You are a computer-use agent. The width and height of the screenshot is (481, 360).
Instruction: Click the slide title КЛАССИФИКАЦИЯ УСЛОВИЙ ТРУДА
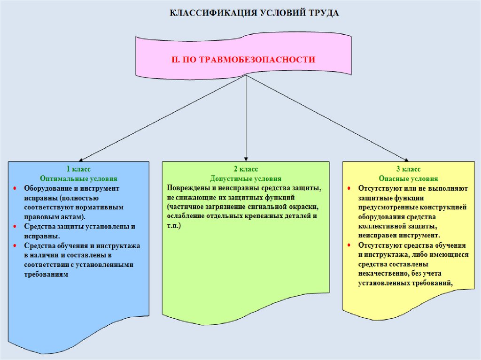254,12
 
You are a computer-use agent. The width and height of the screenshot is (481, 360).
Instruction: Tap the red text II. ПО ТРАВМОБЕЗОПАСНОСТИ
242,60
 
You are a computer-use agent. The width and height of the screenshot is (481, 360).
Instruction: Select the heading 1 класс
78,169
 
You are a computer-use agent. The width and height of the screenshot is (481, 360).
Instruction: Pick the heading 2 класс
245,169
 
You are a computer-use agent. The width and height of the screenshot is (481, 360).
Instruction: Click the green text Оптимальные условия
78,179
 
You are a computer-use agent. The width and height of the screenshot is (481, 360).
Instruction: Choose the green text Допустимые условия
245,179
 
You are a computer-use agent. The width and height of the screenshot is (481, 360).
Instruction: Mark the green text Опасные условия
408,179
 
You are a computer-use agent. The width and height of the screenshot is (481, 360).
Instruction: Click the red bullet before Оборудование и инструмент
15,188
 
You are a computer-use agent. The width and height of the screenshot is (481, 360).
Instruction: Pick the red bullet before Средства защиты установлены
15,226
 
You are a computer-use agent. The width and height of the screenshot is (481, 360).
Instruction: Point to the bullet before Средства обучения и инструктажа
15,245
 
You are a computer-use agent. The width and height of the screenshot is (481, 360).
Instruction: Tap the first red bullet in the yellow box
349,188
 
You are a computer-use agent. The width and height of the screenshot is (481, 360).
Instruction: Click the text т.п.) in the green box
174,226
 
